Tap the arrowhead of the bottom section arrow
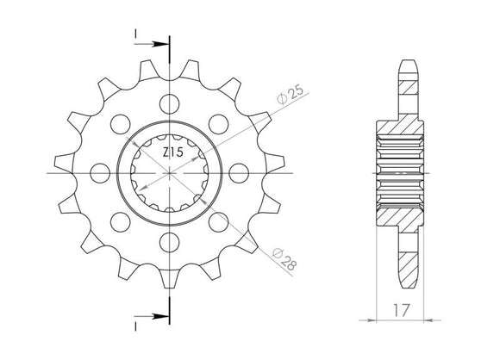pos(164,316)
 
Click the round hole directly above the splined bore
pos(170,102)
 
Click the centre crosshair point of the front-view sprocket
pos(170,174)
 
